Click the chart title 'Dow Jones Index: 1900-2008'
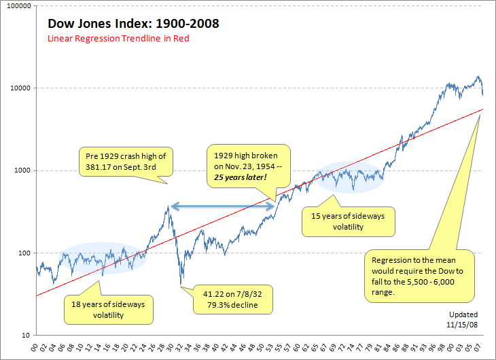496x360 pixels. pyautogui.click(x=133, y=24)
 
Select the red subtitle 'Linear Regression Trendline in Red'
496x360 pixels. pyautogui.click(x=118, y=39)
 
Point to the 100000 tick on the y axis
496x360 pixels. pyautogui.click(x=16, y=5)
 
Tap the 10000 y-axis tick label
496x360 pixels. pyautogui.click(x=18, y=88)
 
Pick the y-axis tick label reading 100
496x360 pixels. pyautogui.click(x=23, y=253)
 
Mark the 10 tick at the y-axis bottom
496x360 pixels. pyautogui.click(x=25, y=336)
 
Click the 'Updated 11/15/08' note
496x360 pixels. pyautogui.click(x=463, y=319)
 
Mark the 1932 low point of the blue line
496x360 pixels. pyautogui.click(x=181, y=285)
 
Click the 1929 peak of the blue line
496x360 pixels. pyautogui.click(x=169, y=205)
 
